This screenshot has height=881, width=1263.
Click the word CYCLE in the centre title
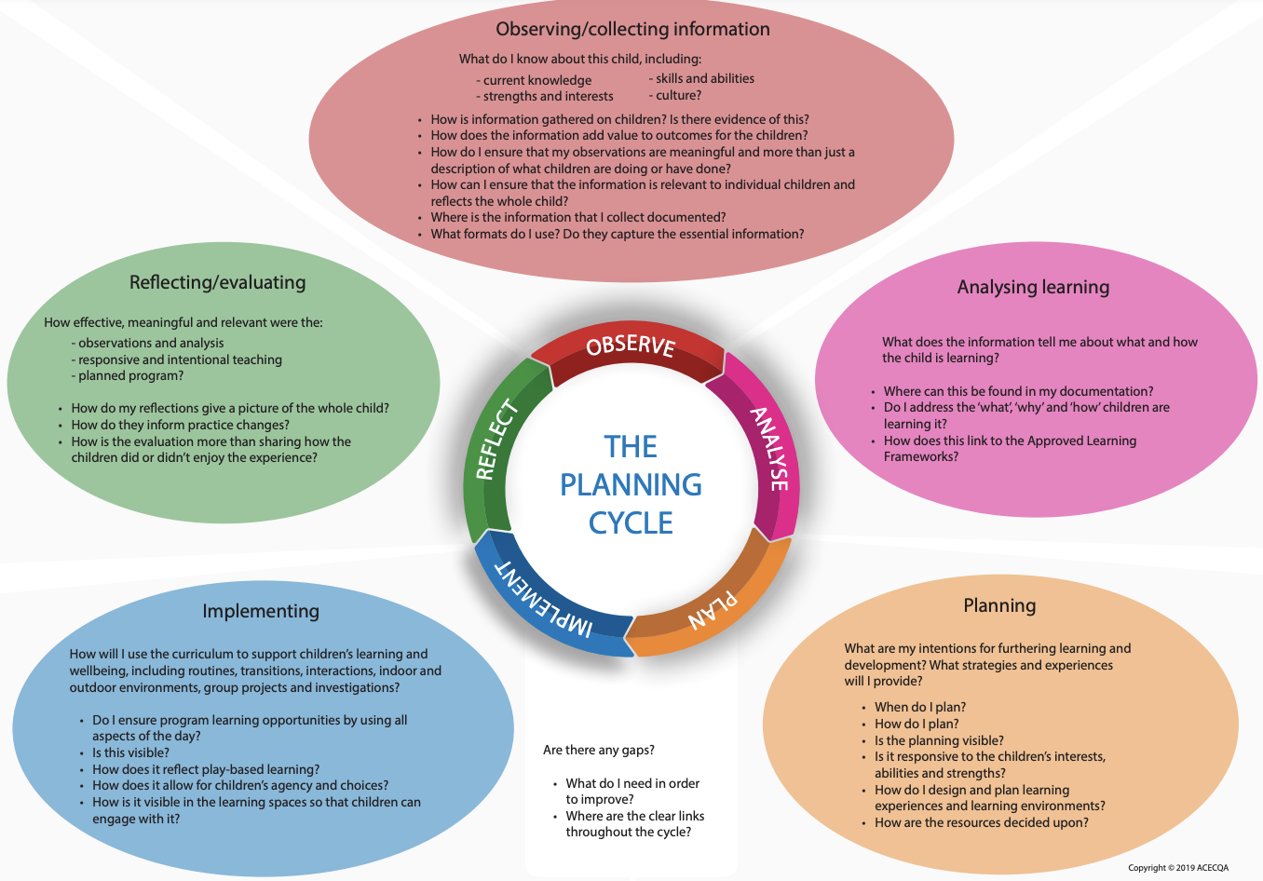pos(631,523)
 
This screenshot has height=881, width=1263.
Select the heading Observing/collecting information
pos(632,29)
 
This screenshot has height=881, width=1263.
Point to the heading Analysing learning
pos(1033,287)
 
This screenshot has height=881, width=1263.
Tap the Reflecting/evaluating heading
pos(217,282)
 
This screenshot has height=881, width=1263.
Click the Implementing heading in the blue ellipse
pos(261,611)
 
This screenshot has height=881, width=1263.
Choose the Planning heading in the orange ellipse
pos(999,605)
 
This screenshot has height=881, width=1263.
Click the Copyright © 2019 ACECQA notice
pos(1177,868)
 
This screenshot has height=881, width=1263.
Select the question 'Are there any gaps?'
pos(598,750)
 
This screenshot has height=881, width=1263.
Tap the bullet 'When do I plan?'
pos(919,707)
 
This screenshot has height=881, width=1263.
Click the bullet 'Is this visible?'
pos(130,752)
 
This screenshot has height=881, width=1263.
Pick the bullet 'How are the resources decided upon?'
pos(981,822)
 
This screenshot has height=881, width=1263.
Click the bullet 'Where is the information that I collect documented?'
pos(577,217)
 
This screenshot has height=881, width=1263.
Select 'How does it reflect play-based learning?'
pos(206,769)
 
